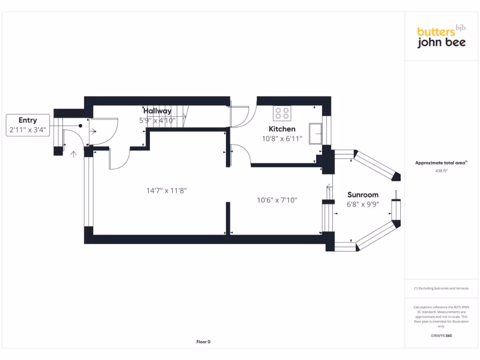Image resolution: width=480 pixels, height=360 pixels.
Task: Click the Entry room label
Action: click(28, 120)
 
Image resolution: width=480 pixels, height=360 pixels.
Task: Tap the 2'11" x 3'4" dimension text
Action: click(28, 130)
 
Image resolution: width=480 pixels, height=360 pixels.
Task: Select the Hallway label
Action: click(157, 111)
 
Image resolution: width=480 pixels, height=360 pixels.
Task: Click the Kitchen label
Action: click(282, 129)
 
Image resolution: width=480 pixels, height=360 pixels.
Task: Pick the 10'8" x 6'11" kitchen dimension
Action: click(282, 138)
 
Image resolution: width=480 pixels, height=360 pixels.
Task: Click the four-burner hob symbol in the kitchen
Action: click(282, 113)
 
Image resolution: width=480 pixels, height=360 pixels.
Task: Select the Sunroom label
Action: click(363, 195)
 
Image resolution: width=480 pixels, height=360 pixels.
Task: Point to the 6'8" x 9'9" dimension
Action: click(363, 204)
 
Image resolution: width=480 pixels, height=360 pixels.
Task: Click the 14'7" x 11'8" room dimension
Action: click(163, 190)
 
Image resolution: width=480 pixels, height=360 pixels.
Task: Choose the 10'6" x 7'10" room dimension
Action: click(277, 200)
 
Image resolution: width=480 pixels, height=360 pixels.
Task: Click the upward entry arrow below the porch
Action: click(73, 153)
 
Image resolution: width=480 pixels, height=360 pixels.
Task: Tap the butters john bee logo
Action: click(441, 37)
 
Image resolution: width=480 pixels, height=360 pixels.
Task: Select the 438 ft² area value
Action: click(441, 171)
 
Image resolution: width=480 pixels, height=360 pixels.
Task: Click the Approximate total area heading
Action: click(441, 163)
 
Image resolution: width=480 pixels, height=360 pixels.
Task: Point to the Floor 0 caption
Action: click(203, 342)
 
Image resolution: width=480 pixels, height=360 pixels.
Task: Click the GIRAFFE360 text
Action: click(441, 336)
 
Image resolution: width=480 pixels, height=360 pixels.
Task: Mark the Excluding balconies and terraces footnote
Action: click(441, 288)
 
